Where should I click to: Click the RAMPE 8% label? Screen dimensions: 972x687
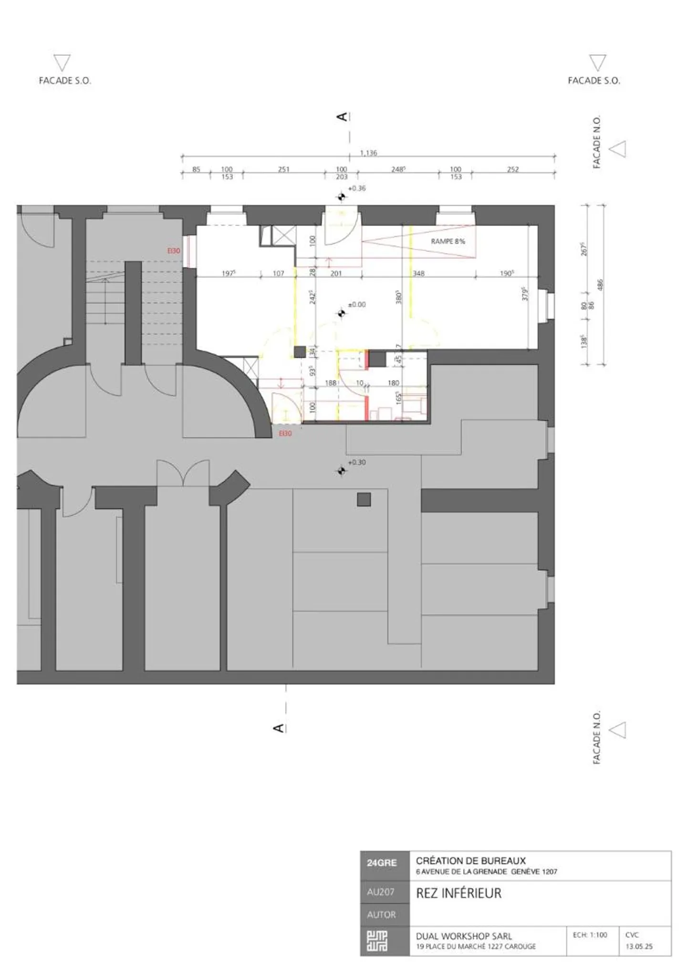coord(448,241)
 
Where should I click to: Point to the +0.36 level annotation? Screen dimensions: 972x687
coord(357,188)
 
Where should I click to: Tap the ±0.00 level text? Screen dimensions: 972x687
coord(356,304)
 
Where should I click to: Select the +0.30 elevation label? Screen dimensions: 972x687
coord(357,462)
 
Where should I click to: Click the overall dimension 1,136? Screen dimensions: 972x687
coord(368,153)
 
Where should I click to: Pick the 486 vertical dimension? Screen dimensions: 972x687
coord(600,285)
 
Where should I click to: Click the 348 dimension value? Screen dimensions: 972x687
coord(418,273)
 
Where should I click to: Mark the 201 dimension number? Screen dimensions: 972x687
coord(336,273)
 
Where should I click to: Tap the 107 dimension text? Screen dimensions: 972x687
coord(278,273)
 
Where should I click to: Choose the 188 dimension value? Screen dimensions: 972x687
coord(331,383)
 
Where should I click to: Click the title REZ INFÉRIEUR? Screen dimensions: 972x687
coord(458,893)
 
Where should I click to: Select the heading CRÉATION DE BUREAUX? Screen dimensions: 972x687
coord(470,861)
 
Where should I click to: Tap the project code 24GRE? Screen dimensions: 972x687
coord(382,863)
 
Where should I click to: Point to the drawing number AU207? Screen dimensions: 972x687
coord(381,892)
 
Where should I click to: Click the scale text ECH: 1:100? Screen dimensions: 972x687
coord(590,935)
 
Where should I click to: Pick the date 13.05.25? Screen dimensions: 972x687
coord(639,946)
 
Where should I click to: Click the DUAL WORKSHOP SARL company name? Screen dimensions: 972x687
coord(464,936)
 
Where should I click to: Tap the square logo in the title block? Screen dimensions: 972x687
coord(377,941)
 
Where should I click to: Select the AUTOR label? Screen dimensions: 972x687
coord(381,915)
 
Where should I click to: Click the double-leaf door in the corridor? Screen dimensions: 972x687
coord(183,473)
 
